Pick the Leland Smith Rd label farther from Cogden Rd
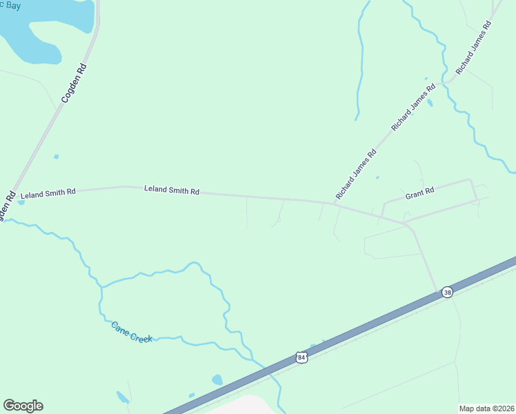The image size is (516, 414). pyautogui.click(x=172, y=190)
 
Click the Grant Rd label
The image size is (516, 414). pyautogui.click(x=419, y=194)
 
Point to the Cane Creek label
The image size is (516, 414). pyautogui.click(x=132, y=332)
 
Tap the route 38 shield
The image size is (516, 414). pyautogui.click(x=447, y=293)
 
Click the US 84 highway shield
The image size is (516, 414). pyautogui.click(x=300, y=357)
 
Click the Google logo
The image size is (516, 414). pyautogui.click(x=23, y=406)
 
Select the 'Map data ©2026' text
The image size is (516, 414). pyautogui.click(x=487, y=408)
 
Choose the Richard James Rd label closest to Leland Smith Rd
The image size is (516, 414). pyautogui.click(x=356, y=174)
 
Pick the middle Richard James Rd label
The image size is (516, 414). pyautogui.click(x=414, y=108)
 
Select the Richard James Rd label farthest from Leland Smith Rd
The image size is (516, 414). pyautogui.click(x=473, y=48)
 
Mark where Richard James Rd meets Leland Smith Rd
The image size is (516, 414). pyautogui.click(x=334, y=203)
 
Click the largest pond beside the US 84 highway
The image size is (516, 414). pyautogui.click(x=217, y=379)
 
